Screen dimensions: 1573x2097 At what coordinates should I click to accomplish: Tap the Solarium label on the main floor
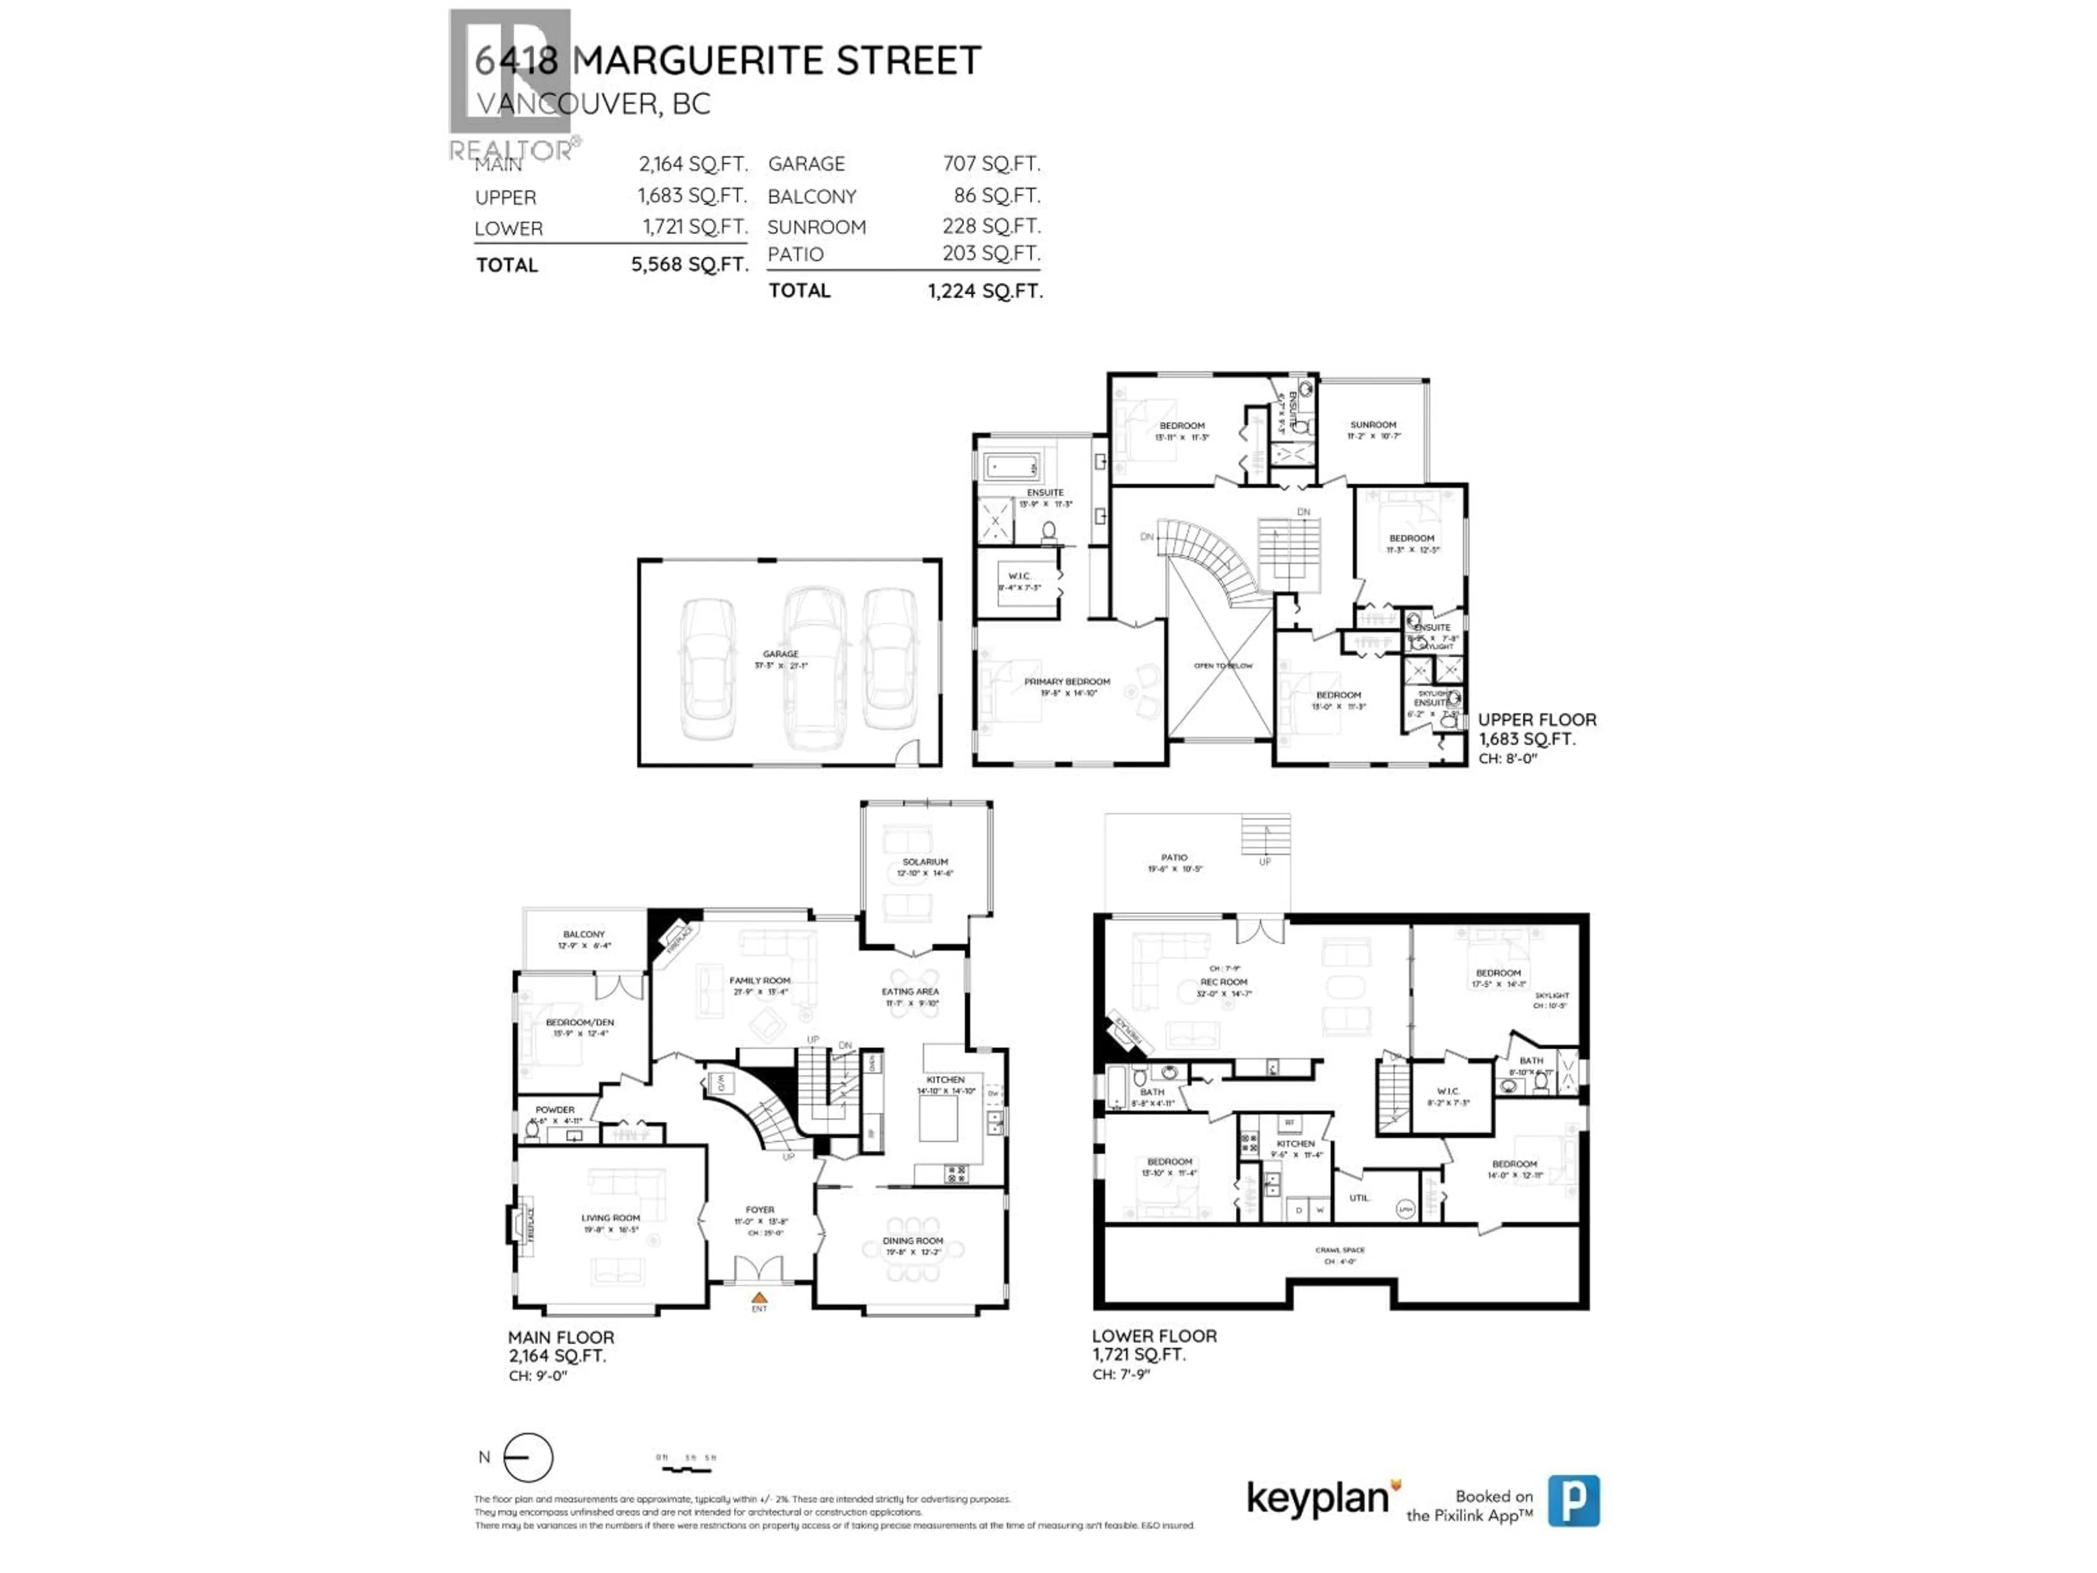point(925,862)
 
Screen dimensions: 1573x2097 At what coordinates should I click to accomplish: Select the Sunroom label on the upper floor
point(1373,425)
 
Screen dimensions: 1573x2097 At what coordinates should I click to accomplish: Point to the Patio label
point(1174,857)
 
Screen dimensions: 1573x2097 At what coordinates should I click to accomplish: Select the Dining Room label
point(913,1240)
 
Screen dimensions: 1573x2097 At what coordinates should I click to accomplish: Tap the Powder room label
point(555,1109)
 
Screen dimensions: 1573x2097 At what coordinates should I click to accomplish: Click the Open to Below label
point(1223,666)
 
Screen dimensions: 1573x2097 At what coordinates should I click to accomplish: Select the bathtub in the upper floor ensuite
point(1011,465)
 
